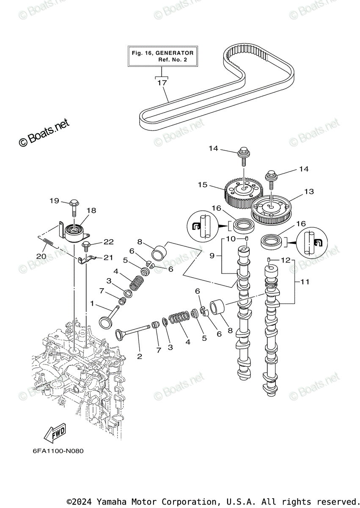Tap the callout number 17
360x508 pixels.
(162, 83)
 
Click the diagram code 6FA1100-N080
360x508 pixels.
(58, 451)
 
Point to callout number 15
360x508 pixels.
(203, 185)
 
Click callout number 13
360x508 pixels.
(309, 191)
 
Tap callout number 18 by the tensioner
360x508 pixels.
(91, 210)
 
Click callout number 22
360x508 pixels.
(109, 242)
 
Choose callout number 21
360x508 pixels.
(108, 257)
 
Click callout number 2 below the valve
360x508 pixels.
(139, 356)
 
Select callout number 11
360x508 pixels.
(305, 281)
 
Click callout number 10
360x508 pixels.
(231, 239)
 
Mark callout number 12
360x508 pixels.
(286, 260)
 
